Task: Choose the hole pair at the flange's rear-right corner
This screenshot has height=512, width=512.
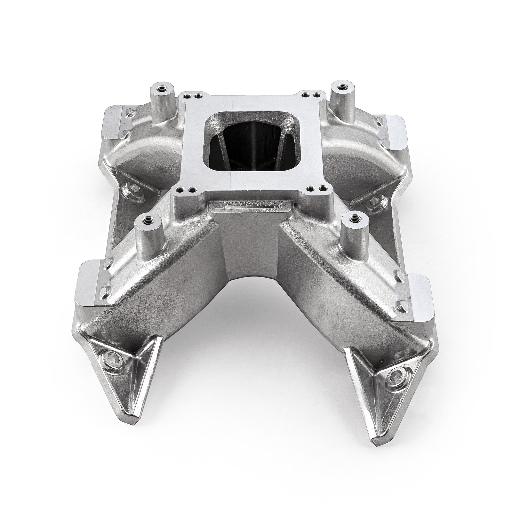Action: [312, 95]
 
